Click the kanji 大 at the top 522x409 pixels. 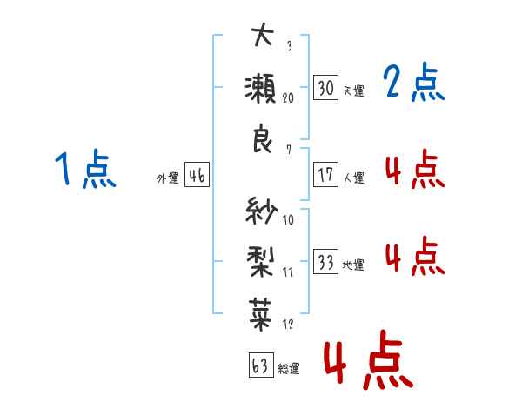pos(261,37)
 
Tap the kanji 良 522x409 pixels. pos(261,139)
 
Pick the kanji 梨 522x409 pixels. pos(261,260)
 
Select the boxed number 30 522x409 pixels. pos(326,88)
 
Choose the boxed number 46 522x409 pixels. pos(196,176)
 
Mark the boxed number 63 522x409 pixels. pos(260,366)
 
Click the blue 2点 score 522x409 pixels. pos(415,84)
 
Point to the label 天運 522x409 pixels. pos(353,91)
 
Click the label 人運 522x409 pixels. pos(353,178)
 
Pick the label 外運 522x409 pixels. pos(168,178)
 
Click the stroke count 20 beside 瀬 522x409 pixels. pos(288,97)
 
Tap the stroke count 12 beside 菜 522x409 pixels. pos(288,324)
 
